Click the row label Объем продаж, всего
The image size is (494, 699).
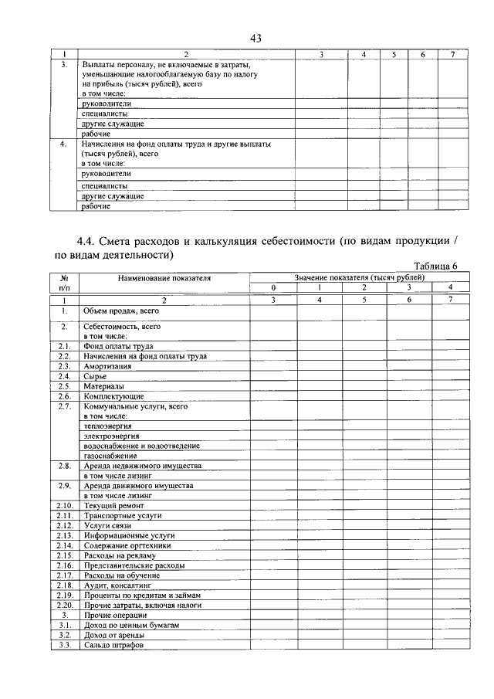pyautogui.click(x=120, y=310)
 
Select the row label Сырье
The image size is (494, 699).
pyautogui.click(x=96, y=376)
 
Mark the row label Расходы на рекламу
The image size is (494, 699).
pyautogui.click(x=120, y=555)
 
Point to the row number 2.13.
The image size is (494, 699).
pyautogui.click(x=65, y=535)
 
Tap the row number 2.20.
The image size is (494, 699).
pyautogui.click(x=65, y=605)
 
